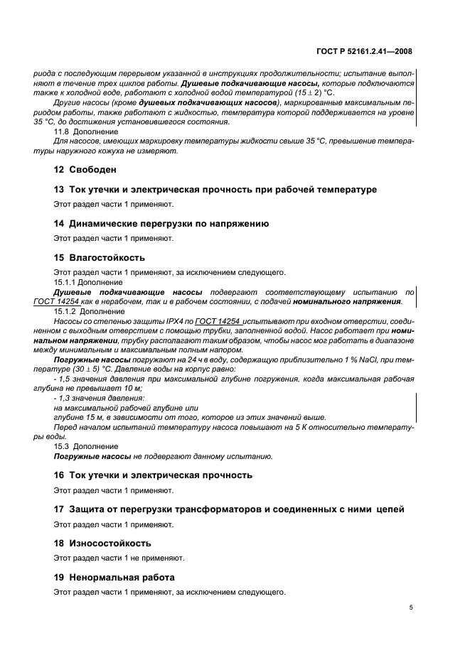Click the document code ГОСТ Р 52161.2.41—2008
[363, 51]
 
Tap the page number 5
[410, 607]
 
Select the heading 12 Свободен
[84, 170]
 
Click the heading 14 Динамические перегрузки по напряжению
[161, 223]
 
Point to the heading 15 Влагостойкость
[100, 256]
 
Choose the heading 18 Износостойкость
[102, 543]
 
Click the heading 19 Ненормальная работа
[114, 577]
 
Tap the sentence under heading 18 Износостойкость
[119, 558]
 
